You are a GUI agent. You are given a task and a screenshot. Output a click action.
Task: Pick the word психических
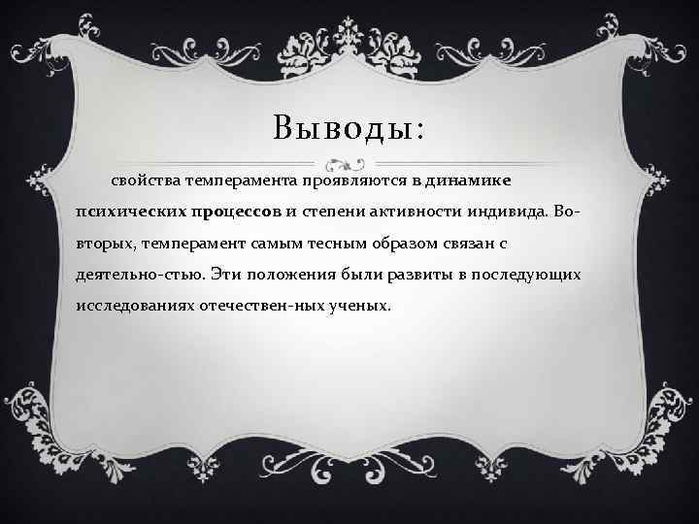pos(129,212)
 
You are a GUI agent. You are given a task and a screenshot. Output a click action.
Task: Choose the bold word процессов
pos(236,212)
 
